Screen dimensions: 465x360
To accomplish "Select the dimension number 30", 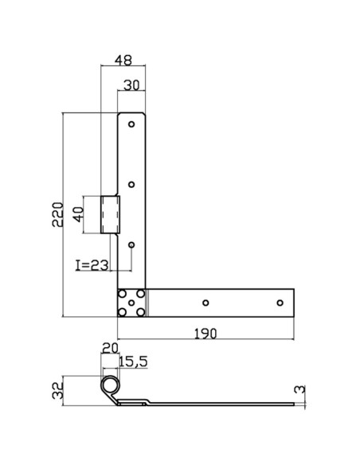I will [x=133, y=84].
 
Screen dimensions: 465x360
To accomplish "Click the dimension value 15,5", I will [x=133, y=362].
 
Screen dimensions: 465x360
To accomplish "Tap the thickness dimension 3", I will [x=300, y=389].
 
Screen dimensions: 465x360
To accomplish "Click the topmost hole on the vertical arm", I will [x=132, y=123].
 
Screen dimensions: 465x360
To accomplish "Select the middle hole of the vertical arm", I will [x=132, y=185].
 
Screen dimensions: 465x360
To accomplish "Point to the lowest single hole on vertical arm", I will [x=132, y=245].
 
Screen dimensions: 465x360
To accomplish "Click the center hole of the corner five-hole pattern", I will [x=131, y=303].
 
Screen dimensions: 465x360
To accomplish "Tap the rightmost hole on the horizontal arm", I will [x=280, y=303].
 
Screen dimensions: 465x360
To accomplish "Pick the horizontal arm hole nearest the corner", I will [x=206, y=303].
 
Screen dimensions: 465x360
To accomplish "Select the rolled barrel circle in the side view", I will [x=108, y=386].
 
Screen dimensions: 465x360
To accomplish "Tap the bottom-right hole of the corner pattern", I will [x=141, y=312].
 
